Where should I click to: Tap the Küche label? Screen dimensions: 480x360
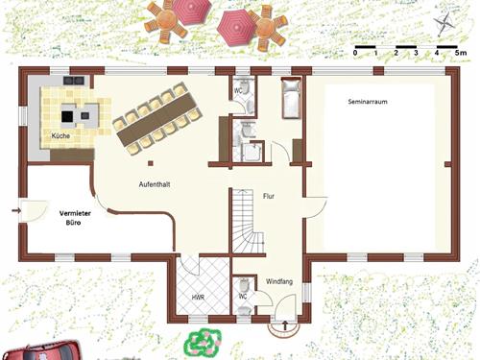point(60,135)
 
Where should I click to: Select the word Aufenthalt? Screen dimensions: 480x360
point(155,184)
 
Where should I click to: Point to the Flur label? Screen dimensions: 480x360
point(269,196)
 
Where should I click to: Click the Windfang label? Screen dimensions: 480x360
point(279,281)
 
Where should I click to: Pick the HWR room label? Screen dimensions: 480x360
point(198,298)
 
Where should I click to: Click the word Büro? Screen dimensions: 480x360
point(73,223)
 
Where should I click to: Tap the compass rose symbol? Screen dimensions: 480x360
point(444,23)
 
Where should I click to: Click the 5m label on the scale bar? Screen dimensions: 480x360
point(461,53)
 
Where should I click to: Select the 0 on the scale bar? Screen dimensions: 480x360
point(355,53)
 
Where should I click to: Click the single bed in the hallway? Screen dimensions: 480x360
point(291,98)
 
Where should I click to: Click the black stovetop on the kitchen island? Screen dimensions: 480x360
point(67,116)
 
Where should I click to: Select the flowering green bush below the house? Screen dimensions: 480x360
point(203,342)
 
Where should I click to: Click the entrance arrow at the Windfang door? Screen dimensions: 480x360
point(285,325)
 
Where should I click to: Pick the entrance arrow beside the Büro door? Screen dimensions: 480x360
point(16,210)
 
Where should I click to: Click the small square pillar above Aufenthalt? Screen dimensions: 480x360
point(151,163)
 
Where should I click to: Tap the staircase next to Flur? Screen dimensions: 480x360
point(248,221)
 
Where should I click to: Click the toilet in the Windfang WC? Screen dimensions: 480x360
point(244,284)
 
